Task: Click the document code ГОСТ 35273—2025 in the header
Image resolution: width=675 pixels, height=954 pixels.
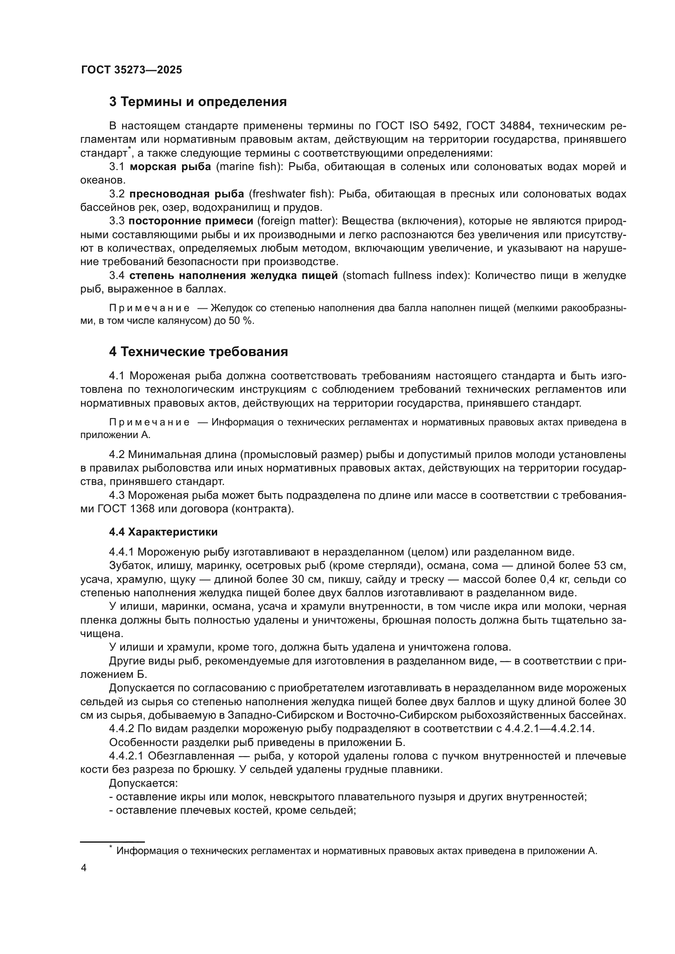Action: coord(131,70)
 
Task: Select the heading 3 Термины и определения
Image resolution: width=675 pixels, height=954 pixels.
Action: coord(198,102)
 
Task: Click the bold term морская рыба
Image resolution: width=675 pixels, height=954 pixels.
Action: coord(171,167)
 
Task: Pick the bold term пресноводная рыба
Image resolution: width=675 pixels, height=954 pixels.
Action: coord(187,194)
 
